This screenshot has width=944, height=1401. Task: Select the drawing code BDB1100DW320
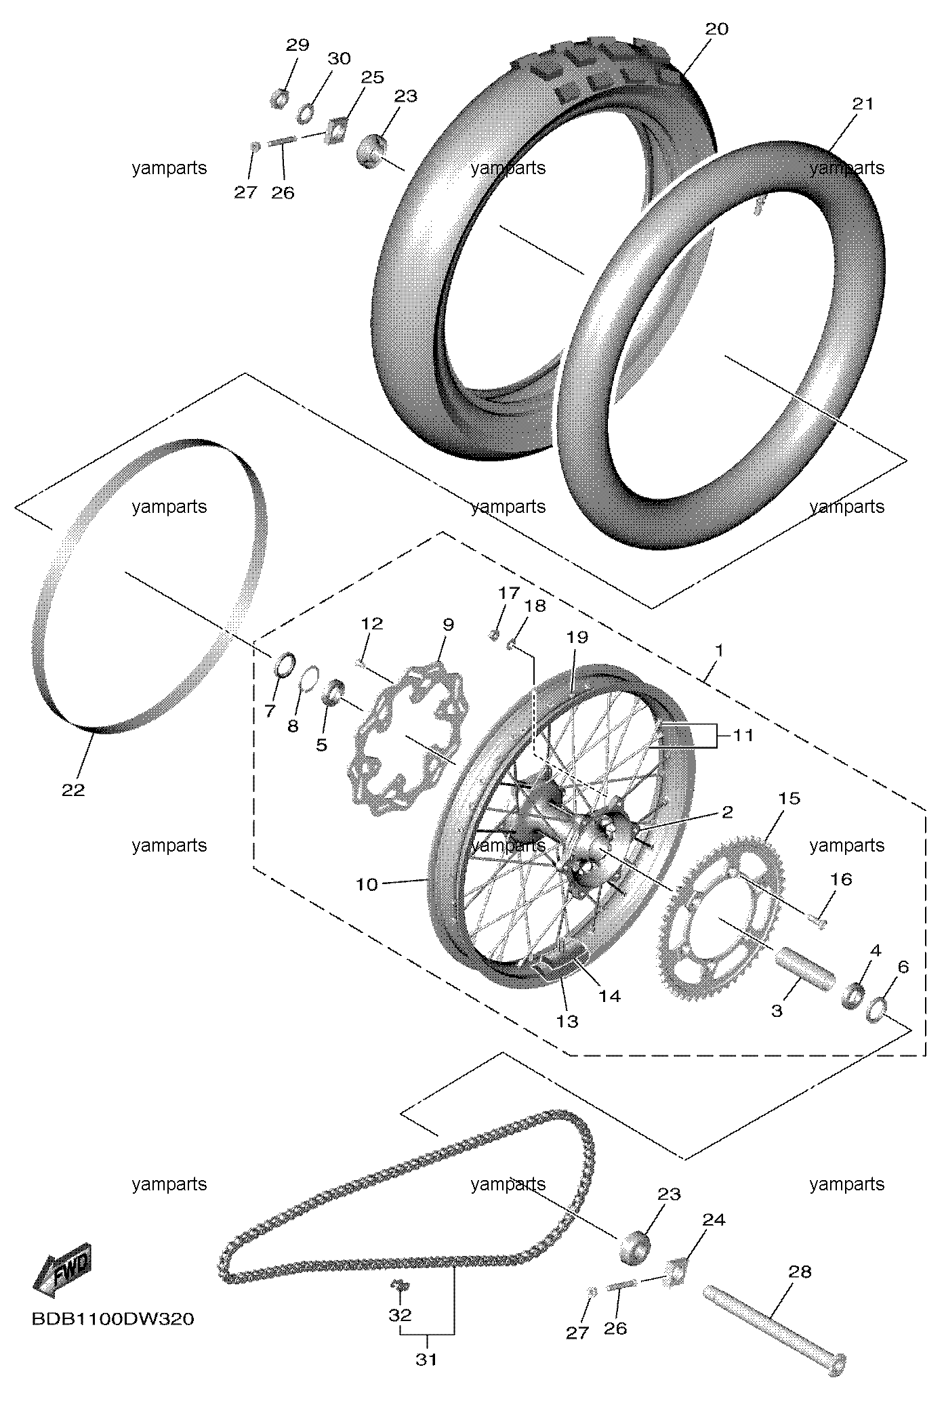tap(113, 1320)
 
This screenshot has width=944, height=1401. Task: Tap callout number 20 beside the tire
tap(716, 29)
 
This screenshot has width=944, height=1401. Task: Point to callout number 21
tap(863, 104)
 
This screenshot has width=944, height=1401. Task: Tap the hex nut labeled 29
tap(280, 100)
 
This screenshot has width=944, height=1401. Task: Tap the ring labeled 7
tap(285, 665)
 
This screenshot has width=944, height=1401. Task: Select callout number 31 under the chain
tap(426, 1373)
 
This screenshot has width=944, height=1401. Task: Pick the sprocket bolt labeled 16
tap(818, 920)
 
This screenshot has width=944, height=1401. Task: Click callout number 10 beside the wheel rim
tap(367, 884)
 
